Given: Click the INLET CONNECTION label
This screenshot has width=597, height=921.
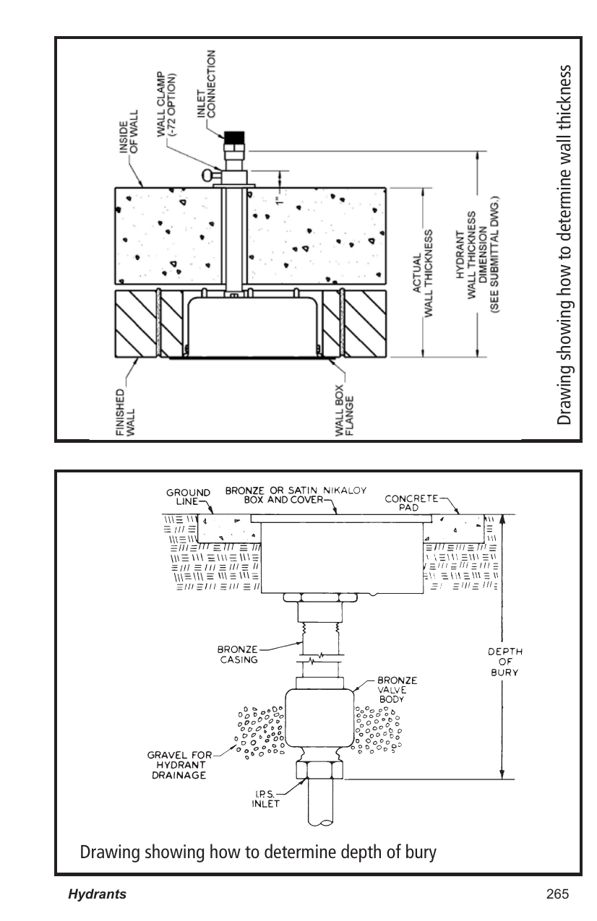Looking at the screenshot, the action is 206,84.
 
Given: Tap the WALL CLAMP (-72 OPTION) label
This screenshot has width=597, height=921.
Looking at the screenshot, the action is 166,105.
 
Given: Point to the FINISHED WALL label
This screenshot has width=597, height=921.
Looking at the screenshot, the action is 124,412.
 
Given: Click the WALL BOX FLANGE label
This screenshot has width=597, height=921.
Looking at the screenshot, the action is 344,410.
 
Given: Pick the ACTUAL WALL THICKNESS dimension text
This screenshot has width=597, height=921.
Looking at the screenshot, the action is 423,274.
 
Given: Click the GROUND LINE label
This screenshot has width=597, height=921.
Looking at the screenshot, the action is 188,497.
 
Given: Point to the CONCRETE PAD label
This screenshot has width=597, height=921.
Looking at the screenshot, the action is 411,503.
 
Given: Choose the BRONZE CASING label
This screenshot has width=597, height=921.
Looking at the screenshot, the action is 238,654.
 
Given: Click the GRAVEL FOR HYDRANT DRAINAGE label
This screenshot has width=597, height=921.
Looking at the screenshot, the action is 179,765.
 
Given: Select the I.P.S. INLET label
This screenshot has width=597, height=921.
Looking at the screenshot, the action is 266,798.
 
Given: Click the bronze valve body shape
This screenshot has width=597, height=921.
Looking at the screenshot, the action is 319,717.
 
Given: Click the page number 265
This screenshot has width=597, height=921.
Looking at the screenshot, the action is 557,894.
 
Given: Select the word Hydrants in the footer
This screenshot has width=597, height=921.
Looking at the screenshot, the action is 97,894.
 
